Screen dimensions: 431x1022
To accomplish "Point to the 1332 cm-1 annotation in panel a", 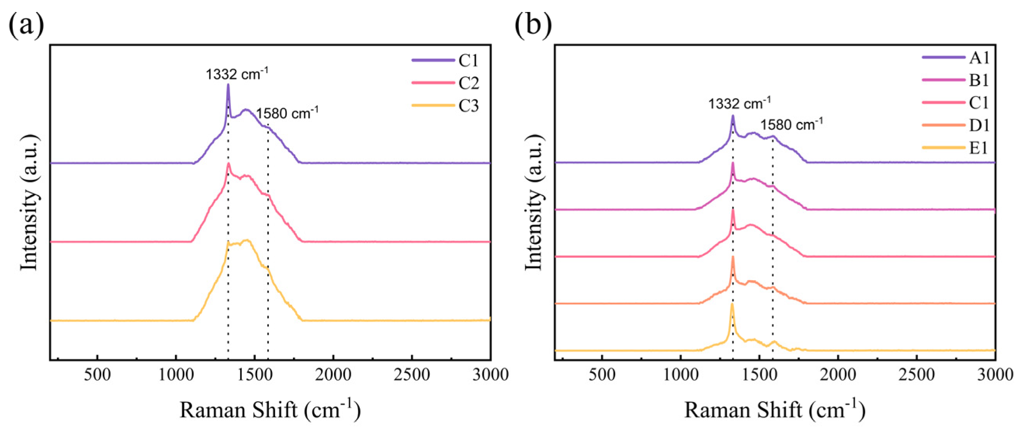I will coord(237,74).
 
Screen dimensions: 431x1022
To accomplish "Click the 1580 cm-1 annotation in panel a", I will coord(287,113).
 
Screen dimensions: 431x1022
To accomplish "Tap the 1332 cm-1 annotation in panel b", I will coord(740,104).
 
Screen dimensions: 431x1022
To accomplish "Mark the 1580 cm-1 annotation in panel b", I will coord(792,125).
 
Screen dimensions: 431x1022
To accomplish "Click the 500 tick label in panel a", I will coord(97,374).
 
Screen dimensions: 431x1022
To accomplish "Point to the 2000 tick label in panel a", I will coord(333,374).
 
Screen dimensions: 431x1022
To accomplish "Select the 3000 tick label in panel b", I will coord(994,374).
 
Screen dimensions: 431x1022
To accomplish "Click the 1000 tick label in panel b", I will coord(681,374).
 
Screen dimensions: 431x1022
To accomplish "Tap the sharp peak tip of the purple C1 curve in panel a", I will coord(228,84).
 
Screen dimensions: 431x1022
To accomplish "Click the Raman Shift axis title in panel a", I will coord(270,410).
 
